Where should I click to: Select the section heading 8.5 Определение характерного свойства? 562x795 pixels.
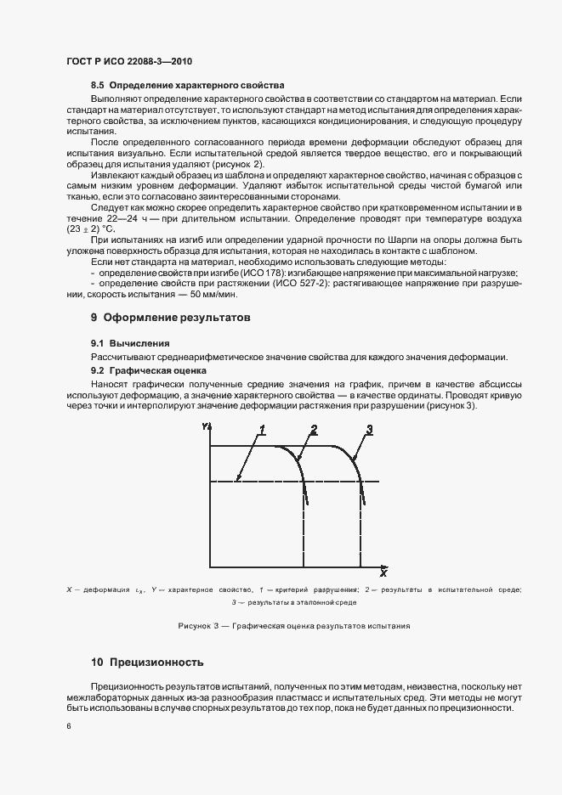coord(187,87)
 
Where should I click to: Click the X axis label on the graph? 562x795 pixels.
coord(383,572)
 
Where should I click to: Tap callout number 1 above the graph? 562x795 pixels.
coord(264,430)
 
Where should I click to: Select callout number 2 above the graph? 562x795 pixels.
coord(314,428)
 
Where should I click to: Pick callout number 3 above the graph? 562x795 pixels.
coord(369,428)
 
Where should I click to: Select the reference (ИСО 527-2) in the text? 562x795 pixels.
coord(279,283)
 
